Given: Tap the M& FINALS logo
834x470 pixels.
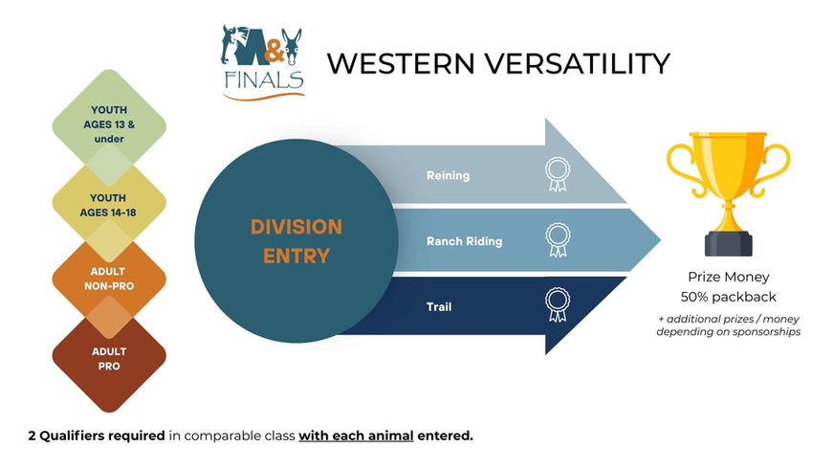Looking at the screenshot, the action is [262, 61].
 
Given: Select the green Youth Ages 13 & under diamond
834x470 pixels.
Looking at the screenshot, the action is [109, 124].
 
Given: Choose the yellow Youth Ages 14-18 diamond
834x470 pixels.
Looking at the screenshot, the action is [109, 204].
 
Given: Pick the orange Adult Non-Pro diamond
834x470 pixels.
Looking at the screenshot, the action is [109, 278].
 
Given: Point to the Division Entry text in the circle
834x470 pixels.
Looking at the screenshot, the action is [296, 241].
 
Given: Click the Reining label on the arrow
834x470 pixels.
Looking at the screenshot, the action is [448, 175].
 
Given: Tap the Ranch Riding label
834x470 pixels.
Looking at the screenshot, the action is [464, 241].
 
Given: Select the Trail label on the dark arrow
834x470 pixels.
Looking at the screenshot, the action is [440, 307].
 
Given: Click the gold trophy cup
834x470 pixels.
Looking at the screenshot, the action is [728, 177].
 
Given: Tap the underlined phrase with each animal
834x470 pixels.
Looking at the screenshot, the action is [356, 436].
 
